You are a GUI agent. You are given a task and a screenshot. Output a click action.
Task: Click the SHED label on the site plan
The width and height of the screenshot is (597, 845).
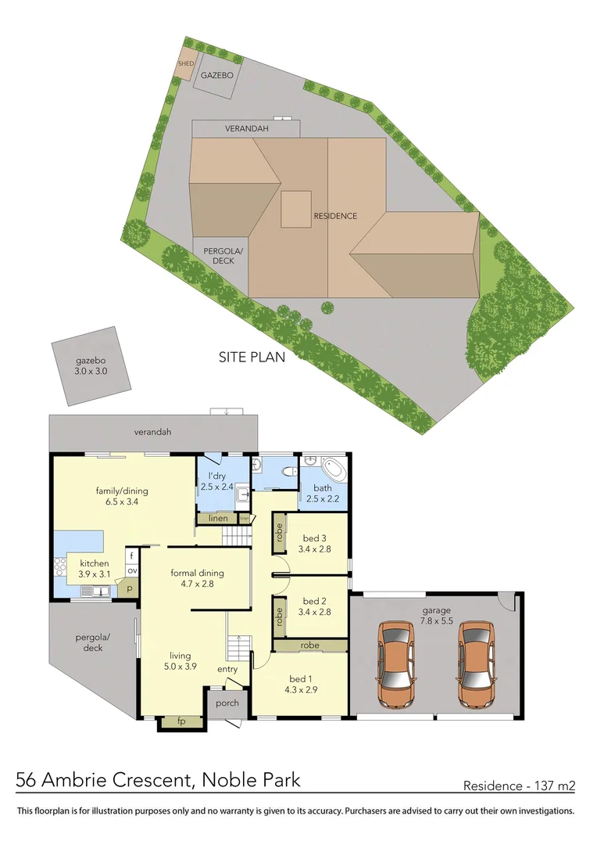[185, 64]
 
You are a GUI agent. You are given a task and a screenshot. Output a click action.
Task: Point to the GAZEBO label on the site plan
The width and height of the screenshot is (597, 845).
[216, 76]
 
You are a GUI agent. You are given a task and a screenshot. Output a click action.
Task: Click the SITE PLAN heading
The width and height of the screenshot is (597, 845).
[251, 357]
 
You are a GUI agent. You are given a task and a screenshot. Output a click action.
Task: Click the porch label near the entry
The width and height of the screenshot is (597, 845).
[227, 703]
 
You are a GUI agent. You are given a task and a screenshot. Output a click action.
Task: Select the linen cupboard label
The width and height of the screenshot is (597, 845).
[218, 518]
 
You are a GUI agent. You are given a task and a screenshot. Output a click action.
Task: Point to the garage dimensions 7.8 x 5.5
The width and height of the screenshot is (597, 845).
[435, 622]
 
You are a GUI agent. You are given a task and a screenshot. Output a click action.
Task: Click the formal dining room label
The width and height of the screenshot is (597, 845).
[192, 573]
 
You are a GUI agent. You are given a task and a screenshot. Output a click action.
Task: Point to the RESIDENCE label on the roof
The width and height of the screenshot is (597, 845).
[335, 216]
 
